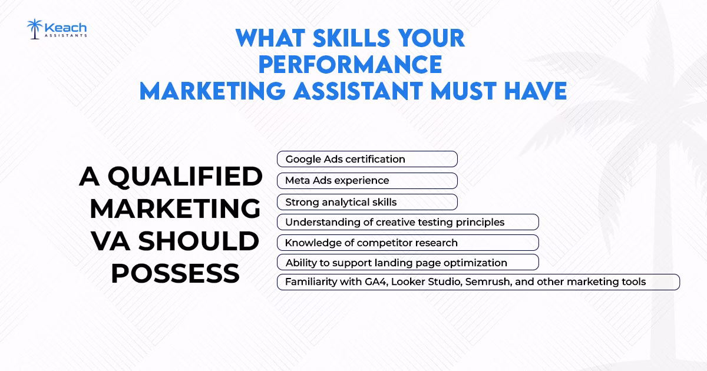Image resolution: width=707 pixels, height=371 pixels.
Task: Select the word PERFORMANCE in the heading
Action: click(350, 64)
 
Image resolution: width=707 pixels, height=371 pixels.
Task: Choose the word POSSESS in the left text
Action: click(176, 273)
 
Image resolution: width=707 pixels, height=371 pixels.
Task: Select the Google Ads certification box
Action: click(367, 159)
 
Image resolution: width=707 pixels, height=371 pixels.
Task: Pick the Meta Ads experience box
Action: click(367, 180)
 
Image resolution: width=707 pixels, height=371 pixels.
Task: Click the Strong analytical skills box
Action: click(367, 202)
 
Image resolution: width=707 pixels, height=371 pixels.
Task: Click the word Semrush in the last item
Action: click(488, 281)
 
